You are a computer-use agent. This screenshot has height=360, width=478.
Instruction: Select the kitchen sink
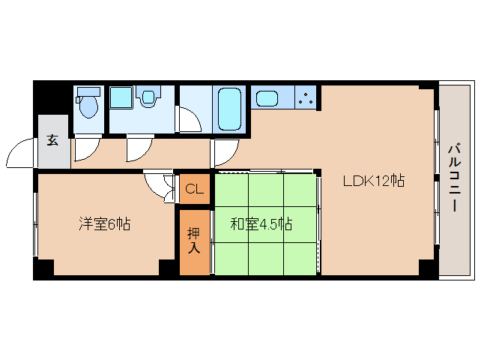point(267,97)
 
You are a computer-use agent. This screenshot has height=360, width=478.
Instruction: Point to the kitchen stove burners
point(305,97)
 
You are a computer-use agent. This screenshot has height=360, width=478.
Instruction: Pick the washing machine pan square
point(121,97)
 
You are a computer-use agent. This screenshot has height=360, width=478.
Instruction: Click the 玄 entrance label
point(52,139)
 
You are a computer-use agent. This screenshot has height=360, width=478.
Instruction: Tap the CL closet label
point(194,189)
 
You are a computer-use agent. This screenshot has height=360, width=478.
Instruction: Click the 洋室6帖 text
point(105,223)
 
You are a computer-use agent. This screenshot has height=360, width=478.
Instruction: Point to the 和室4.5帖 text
point(261,223)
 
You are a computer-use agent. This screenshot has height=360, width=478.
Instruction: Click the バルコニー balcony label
point(454,177)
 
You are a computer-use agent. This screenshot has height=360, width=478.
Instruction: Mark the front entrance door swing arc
point(20,153)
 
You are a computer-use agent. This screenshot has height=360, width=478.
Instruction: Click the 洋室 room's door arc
point(159,184)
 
